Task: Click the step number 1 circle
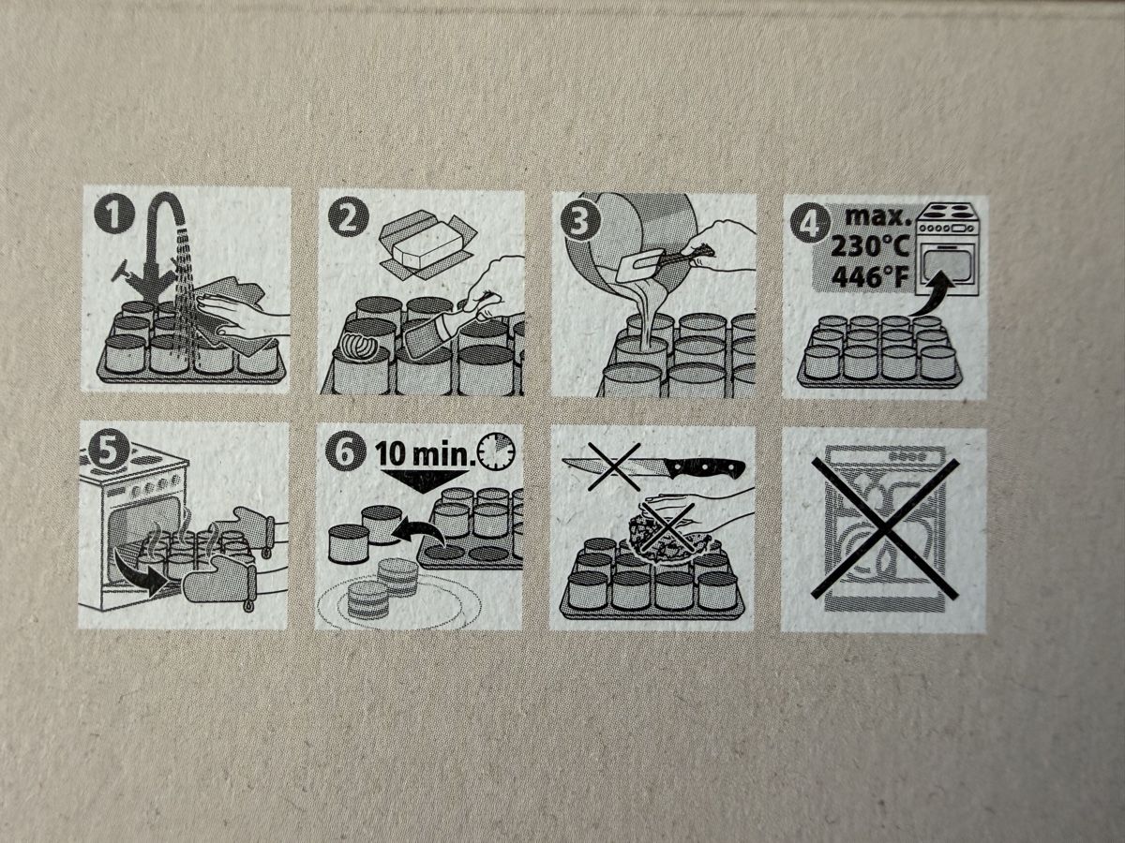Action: tap(113, 216)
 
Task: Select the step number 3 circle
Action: tap(579, 223)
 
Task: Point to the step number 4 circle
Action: tap(810, 225)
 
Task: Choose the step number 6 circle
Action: tap(345, 452)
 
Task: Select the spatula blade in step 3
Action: tap(637, 273)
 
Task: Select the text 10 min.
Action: tap(423, 453)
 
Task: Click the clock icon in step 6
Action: tap(496, 451)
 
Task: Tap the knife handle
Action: tap(704, 468)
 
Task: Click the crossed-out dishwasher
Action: tap(885, 528)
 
